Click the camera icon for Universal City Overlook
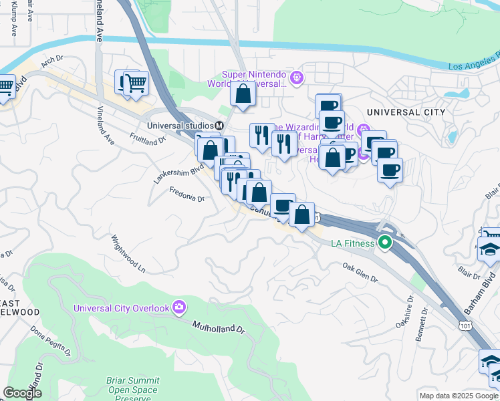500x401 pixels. [178, 307]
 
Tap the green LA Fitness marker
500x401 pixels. [384, 243]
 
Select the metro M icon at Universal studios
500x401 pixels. [219, 126]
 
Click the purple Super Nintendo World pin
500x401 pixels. [297, 78]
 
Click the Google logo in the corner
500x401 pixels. [22, 393]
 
